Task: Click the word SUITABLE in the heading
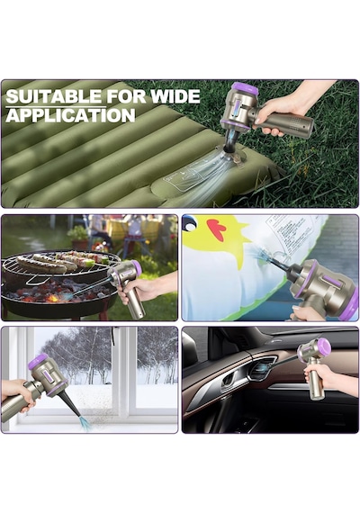click(x=54, y=96)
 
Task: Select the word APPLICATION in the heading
click(x=71, y=115)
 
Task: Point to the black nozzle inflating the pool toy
click(x=281, y=265)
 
